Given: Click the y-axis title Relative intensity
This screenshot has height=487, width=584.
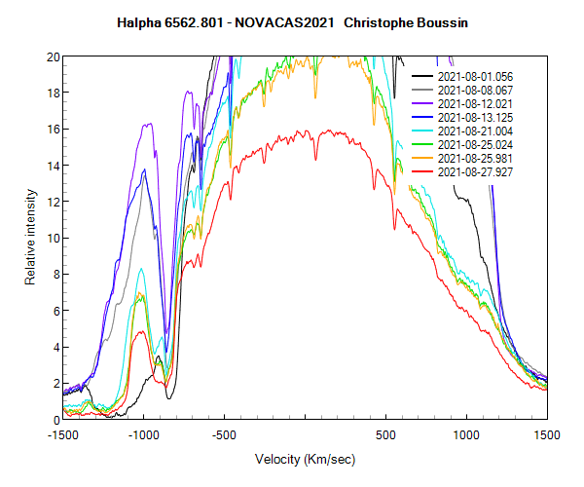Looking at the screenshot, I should [30, 238].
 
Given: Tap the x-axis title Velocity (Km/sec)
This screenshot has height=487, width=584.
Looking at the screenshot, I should [305, 459].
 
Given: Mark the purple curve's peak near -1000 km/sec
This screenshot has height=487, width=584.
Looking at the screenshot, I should [148, 124].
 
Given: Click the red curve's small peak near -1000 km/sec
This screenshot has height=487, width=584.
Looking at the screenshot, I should [142, 331].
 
